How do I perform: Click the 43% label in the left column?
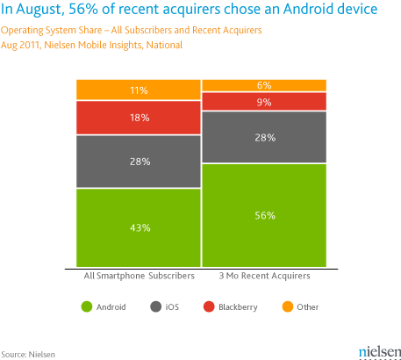(139, 227)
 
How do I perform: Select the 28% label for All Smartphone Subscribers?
(139, 162)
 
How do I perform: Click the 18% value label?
(139, 117)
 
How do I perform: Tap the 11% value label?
(139, 90)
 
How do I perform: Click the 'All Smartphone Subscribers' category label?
(139, 277)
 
